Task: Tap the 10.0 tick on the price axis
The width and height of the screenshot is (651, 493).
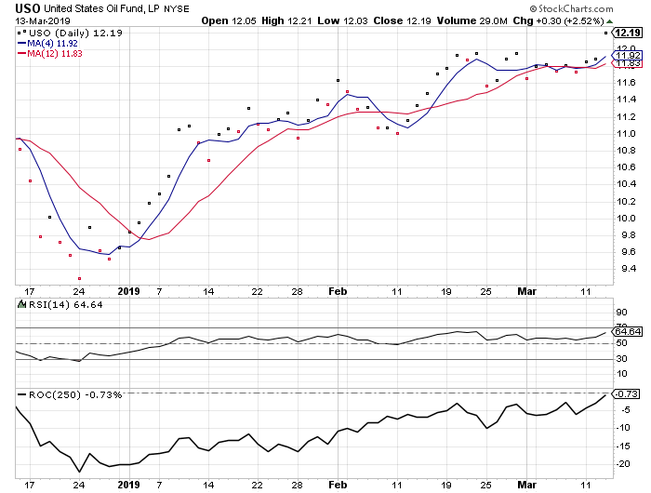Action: pyautogui.click(x=629, y=219)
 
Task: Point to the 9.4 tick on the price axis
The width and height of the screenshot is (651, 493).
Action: pyautogui.click(x=629, y=270)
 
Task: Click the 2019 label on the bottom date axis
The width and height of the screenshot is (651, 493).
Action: pyautogui.click(x=127, y=485)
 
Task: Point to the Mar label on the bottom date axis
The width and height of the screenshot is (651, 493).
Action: pyautogui.click(x=526, y=485)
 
